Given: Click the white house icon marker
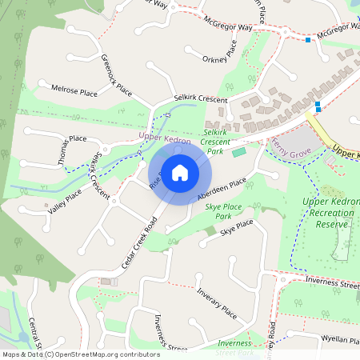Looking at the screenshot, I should [x=180, y=172].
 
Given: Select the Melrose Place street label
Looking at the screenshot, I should [x=74, y=91].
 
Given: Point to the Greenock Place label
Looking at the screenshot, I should [x=116, y=76].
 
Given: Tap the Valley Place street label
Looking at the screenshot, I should [x=65, y=201].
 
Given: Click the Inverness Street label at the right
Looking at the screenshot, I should [x=332, y=283].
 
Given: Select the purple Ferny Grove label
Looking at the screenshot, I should [x=292, y=146].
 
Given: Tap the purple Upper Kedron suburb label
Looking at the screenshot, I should [x=165, y=138].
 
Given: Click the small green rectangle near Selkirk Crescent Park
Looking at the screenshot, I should [x=239, y=152].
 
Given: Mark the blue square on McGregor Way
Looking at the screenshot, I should [x=308, y=39].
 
